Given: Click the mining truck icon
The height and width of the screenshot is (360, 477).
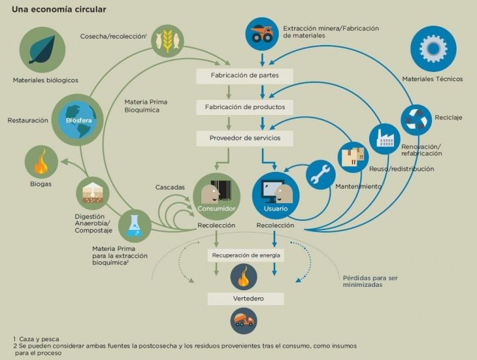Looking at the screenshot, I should [x=261, y=33].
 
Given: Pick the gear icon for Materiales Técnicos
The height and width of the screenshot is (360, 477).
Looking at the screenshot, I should [x=432, y=50].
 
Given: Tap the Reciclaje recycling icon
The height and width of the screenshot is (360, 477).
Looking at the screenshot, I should [x=416, y=120].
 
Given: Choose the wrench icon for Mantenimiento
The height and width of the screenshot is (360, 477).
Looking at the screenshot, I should [x=320, y=176].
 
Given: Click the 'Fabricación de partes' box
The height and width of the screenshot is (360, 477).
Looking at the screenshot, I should [x=245, y=76].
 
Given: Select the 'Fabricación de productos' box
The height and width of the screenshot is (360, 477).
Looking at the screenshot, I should [x=245, y=107].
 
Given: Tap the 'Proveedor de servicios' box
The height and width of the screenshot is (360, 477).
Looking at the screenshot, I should [x=245, y=138].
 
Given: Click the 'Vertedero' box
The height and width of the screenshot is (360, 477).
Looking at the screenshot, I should [x=246, y=299].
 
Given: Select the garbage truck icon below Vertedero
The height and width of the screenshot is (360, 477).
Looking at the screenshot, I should [x=243, y=321].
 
